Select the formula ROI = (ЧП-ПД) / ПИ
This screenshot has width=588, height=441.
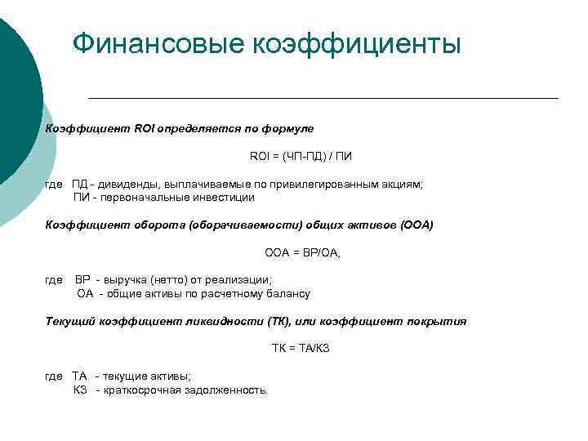[301, 156]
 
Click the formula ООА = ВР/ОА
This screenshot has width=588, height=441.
[303, 252]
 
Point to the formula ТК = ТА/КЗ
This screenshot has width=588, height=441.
[301, 349]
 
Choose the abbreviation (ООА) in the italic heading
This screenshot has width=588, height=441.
[417, 225]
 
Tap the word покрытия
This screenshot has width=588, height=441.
[437, 321]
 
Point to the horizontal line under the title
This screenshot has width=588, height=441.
[323, 98]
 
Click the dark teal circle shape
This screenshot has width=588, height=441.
[16, 98]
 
